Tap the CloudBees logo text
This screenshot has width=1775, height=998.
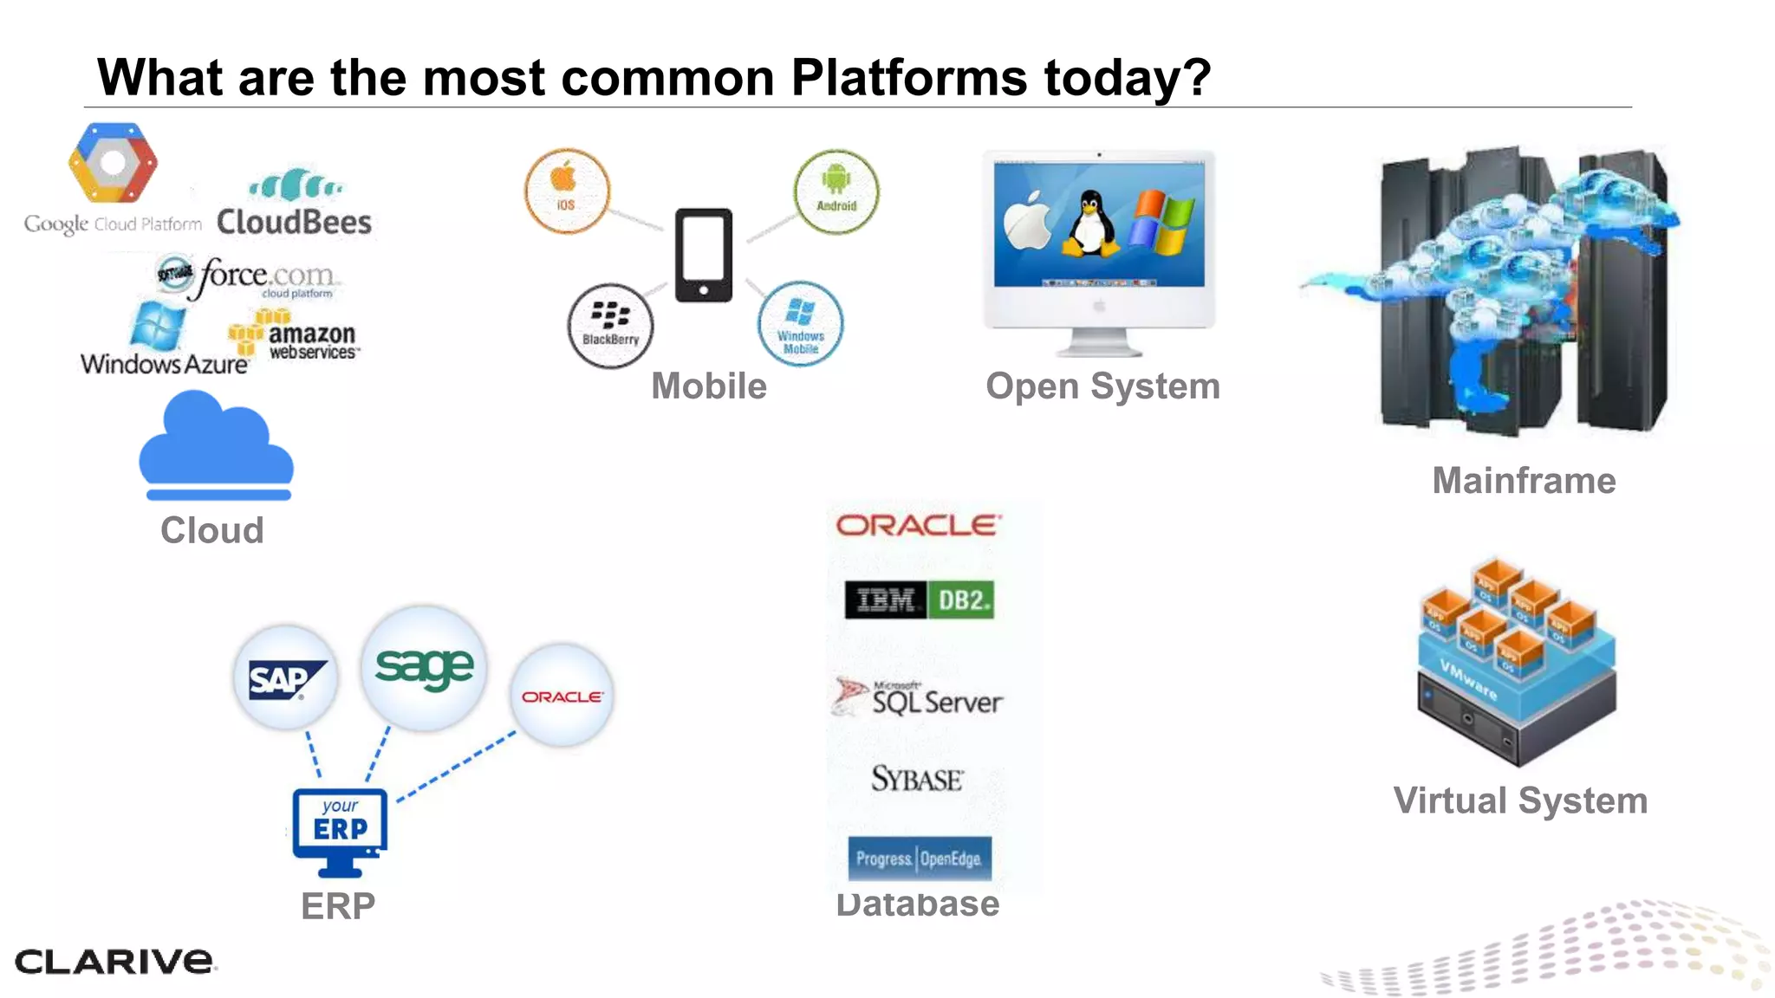(x=294, y=223)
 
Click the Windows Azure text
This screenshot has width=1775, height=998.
(x=165, y=364)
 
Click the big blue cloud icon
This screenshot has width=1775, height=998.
(x=216, y=446)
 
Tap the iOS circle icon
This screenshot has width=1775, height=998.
(x=567, y=191)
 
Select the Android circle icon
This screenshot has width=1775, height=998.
(x=835, y=191)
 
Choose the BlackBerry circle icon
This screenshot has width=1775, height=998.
(x=610, y=326)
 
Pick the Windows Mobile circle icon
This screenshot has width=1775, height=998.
(x=800, y=324)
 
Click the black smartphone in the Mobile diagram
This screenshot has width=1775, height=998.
(x=703, y=255)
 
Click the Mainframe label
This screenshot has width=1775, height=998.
(x=1524, y=481)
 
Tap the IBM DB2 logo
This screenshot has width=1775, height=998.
(x=920, y=599)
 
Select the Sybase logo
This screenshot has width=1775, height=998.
(x=917, y=779)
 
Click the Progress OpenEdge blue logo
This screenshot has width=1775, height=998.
(x=920, y=859)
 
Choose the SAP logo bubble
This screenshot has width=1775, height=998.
(x=285, y=677)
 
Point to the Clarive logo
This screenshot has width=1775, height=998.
(x=114, y=961)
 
